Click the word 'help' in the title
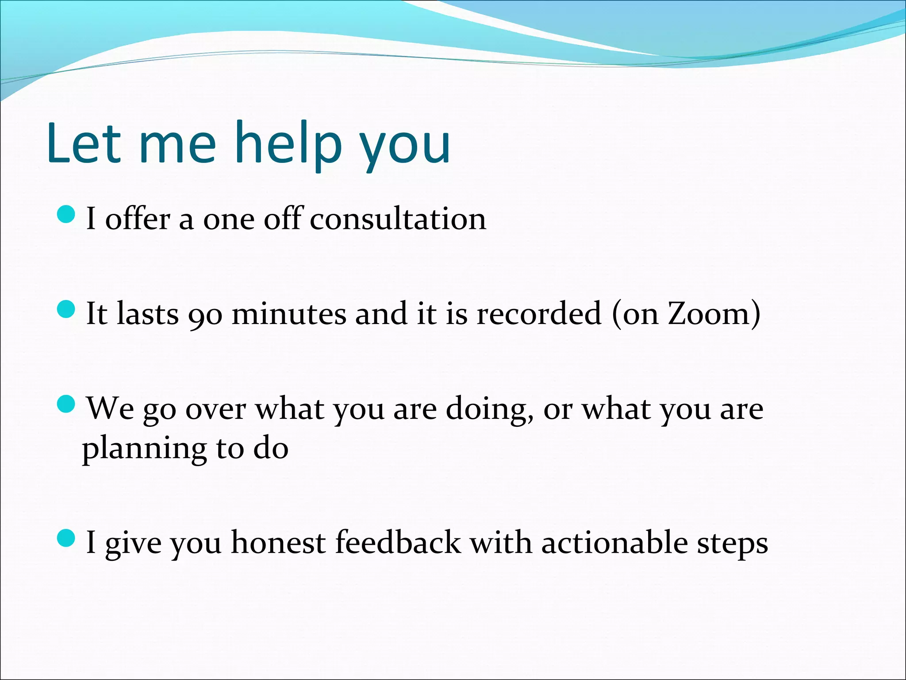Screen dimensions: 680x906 (x=288, y=144)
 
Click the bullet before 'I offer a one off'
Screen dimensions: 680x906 (x=67, y=214)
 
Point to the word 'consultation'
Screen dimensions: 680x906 (x=398, y=219)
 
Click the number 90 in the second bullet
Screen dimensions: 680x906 (x=205, y=315)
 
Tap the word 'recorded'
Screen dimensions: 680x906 (x=539, y=313)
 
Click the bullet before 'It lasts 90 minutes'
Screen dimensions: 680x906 (x=67, y=309)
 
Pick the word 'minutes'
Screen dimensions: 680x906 (x=289, y=313)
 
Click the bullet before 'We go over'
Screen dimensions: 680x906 (x=67, y=404)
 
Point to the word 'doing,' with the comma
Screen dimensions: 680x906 (x=489, y=410)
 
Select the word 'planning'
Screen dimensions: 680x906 (x=144, y=450)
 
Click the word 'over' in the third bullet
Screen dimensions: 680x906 (x=215, y=410)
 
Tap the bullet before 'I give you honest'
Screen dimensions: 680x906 (x=67, y=538)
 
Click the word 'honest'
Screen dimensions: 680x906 (x=278, y=543)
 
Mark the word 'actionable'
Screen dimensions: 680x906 (x=615, y=543)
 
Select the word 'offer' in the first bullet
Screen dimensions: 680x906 (x=138, y=219)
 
